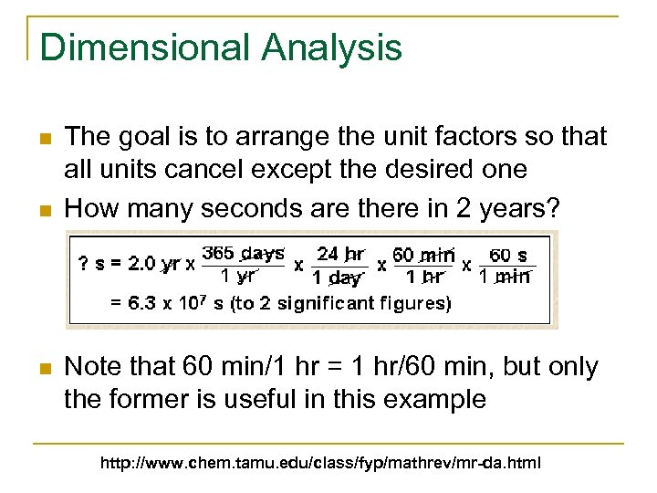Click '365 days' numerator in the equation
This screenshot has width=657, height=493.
[242, 252]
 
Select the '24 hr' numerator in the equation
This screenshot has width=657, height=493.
[341, 253]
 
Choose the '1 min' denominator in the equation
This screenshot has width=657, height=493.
[505, 277]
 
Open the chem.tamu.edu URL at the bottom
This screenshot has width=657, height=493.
[320, 464]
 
